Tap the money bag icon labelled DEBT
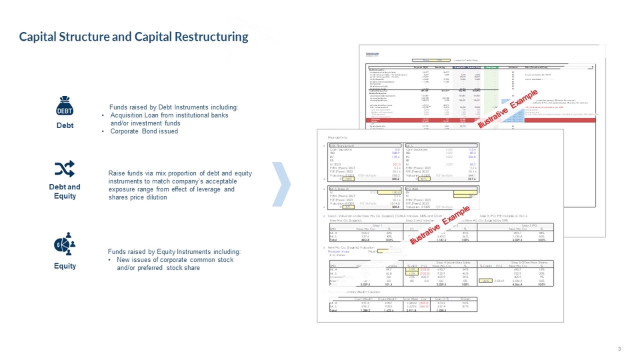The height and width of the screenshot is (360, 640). pos(65,106)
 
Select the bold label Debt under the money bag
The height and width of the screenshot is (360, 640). pos(65,125)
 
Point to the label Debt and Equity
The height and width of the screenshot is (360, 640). pos(65,191)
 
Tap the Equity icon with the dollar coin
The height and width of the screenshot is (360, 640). pos(65,245)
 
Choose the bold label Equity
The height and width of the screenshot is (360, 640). pos(65,266)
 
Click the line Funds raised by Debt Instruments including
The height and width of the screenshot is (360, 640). pos(173,107)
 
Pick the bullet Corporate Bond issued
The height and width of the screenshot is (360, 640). pos(144,131)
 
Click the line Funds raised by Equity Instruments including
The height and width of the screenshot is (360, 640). pos(174,251)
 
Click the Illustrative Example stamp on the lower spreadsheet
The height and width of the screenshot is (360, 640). pos(439,225)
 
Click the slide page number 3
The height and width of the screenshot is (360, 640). pos(619,349)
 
